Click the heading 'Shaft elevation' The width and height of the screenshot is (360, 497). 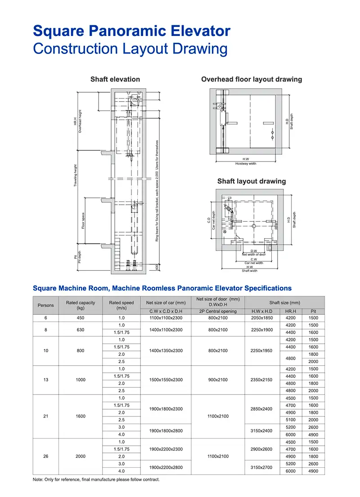(x=115, y=79)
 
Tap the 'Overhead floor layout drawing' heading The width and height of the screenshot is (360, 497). (x=252, y=79)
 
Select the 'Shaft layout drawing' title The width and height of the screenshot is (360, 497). (x=252, y=181)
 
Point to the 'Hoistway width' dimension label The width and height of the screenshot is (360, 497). (x=246, y=164)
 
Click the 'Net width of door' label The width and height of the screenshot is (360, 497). (x=254, y=255)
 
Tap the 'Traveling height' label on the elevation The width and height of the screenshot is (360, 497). (x=76, y=175)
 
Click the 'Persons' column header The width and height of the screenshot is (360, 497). (x=45, y=305)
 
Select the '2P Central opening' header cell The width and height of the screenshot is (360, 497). (x=218, y=311)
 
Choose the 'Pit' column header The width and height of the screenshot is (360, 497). (x=313, y=311)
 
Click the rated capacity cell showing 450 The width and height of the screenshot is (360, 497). (x=81, y=318)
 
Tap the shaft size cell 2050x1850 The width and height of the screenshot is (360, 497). (x=262, y=318)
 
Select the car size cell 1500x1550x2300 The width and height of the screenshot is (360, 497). (x=166, y=380)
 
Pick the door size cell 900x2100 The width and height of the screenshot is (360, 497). (x=218, y=380)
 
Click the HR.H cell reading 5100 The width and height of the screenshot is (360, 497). (x=291, y=420)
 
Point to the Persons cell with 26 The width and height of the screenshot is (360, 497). (x=45, y=457)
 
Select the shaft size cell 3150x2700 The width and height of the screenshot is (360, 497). (x=262, y=467)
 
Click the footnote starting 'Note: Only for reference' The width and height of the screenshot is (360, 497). (x=96, y=480)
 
